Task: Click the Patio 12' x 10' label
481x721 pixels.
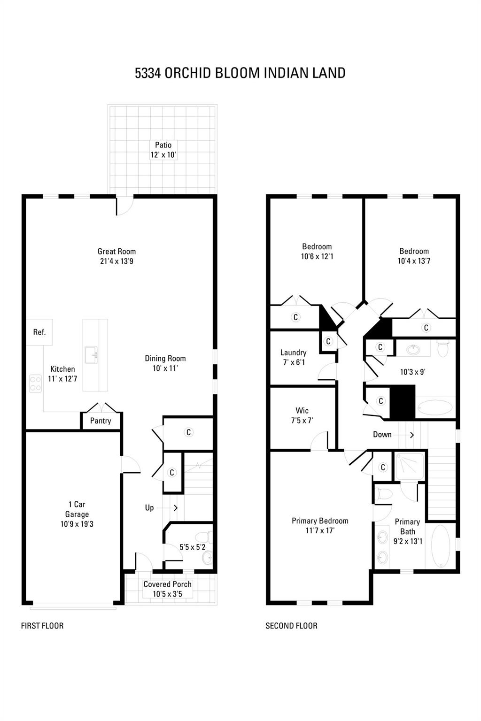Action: point(163,150)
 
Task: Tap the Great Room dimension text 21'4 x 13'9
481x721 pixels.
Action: point(116,261)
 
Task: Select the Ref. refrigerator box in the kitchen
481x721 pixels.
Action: point(39,332)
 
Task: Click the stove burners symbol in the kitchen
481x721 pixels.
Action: point(35,383)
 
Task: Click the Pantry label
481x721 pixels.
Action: point(101,421)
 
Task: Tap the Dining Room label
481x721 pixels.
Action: point(165,359)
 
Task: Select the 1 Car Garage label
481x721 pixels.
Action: point(77,509)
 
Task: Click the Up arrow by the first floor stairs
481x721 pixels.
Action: point(176,508)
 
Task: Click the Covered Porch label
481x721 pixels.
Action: point(167,584)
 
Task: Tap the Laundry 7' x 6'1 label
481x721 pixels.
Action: point(293,357)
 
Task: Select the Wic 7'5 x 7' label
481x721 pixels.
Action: point(302,415)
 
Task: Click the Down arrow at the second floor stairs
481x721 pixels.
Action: point(412,435)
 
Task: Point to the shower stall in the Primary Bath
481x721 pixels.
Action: point(410,466)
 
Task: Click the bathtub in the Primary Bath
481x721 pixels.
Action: point(440,546)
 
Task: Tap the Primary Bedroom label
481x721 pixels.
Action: point(320,521)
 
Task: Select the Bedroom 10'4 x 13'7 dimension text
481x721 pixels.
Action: point(414,261)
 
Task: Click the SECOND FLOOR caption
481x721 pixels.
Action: point(291,626)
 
